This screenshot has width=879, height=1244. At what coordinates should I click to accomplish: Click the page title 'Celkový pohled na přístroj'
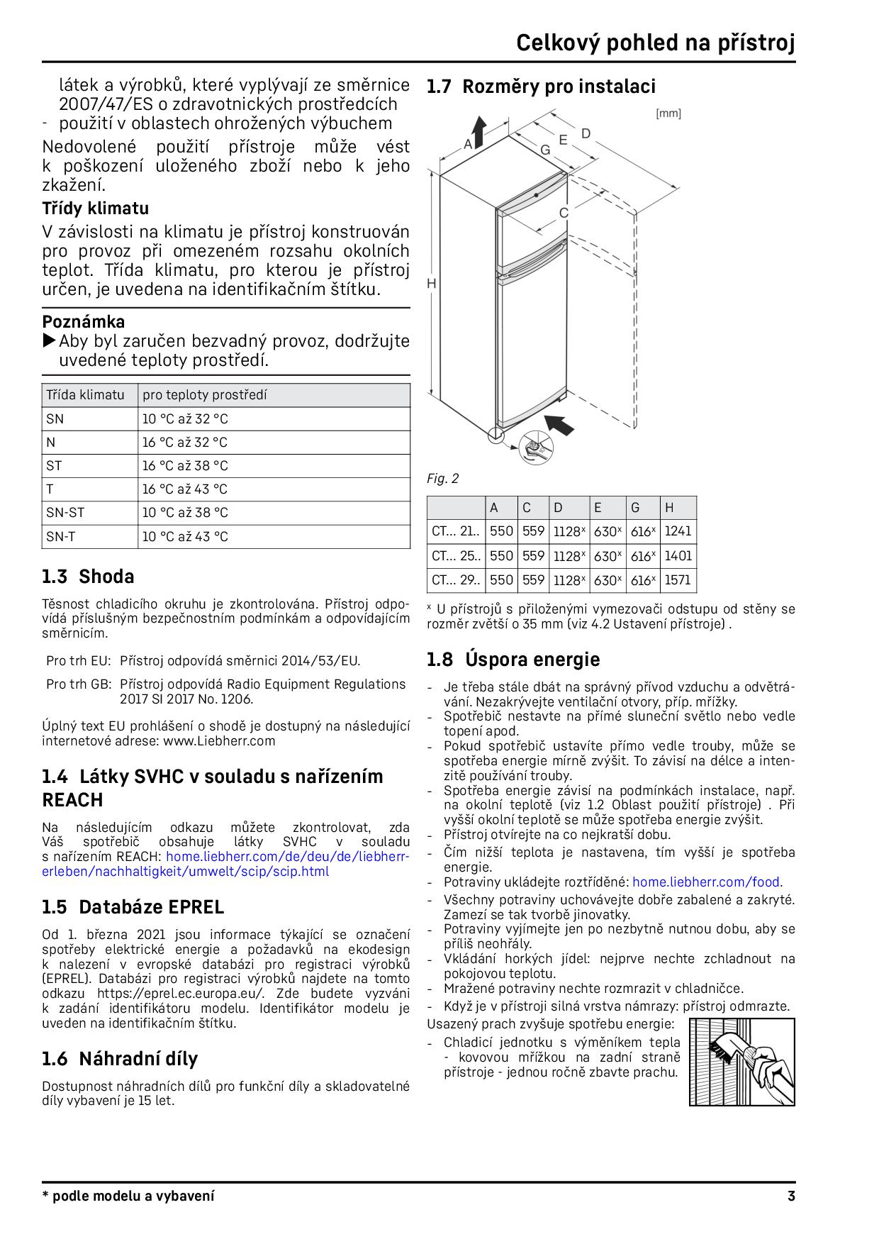click(x=655, y=43)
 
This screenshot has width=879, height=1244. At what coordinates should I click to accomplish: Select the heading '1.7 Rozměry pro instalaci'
click(x=541, y=87)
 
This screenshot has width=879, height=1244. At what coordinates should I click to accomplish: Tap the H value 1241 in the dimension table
click(x=678, y=531)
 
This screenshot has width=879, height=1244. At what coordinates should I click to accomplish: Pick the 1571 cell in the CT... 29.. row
click(x=678, y=580)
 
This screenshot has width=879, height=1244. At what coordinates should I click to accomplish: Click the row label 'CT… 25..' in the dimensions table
click(x=455, y=556)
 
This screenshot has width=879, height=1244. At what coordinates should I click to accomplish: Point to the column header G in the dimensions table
click(x=635, y=507)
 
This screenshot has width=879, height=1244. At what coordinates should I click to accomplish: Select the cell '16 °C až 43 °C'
click(x=185, y=489)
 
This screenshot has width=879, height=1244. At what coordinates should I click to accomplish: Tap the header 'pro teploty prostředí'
click(x=204, y=395)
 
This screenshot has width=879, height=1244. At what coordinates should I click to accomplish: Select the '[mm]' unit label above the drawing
click(x=668, y=113)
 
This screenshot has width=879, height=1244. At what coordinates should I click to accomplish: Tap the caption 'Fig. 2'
click(x=442, y=479)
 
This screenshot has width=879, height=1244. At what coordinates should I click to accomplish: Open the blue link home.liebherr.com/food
click(x=707, y=882)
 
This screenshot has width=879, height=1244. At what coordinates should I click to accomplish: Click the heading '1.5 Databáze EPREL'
click(x=133, y=907)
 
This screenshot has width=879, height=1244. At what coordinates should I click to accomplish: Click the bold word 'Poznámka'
click(x=84, y=321)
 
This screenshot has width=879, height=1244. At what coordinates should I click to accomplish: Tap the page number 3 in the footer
click(x=790, y=1196)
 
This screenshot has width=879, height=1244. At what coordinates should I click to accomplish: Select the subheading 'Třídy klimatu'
click(x=95, y=209)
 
